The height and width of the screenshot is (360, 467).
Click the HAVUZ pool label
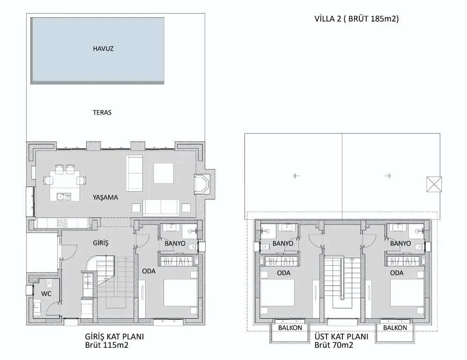103,49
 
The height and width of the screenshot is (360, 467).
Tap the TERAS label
102,112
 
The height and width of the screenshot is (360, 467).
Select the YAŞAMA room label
105,197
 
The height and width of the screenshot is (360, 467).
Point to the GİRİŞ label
101,243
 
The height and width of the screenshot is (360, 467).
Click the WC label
46,294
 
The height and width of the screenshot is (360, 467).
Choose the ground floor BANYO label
175,243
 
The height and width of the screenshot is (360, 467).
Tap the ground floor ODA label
148,271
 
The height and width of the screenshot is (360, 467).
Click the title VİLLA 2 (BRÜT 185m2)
356,19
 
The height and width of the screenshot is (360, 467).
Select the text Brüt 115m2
107,345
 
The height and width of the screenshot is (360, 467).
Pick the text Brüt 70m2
334,345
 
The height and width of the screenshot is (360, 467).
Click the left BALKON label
290,328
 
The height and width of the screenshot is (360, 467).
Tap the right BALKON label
395,328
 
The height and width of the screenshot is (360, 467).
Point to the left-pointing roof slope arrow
296,176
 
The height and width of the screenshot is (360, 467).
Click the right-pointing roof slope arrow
388,176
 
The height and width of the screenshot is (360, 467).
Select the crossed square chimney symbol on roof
434,184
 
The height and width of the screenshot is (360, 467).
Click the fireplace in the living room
202,184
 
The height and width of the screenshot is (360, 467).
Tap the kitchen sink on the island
64,196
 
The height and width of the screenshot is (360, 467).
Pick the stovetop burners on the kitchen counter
62,224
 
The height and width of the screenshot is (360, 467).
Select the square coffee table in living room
163,173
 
